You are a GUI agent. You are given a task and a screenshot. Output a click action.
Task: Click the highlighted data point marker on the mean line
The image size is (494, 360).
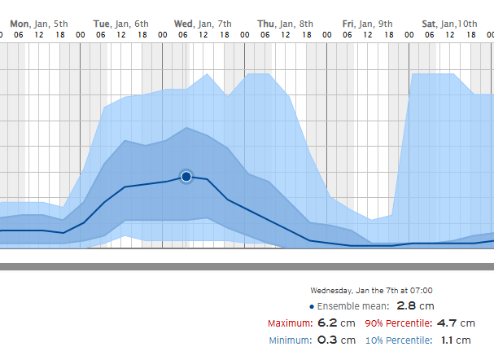click(x=186, y=176)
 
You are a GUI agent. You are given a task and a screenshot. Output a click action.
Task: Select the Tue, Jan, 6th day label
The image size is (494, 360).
click(x=120, y=24)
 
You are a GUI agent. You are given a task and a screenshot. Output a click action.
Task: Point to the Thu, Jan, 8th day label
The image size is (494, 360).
click(x=285, y=24)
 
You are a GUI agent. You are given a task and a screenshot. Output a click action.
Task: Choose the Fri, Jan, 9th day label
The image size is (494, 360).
click(x=367, y=24)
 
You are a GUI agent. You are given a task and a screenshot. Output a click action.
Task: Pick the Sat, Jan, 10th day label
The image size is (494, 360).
click(x=449, y=24)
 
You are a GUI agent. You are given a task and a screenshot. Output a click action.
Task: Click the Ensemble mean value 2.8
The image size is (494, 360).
click(x=407, y=305)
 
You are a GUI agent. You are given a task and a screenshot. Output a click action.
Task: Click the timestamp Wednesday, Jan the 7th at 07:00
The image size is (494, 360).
click(x=371, y=290)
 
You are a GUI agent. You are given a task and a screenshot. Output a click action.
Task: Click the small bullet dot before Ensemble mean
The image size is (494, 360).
click(x=312, y=306)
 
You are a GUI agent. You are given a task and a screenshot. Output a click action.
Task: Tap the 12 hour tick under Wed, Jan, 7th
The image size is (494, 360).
click(x=203, y=36)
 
